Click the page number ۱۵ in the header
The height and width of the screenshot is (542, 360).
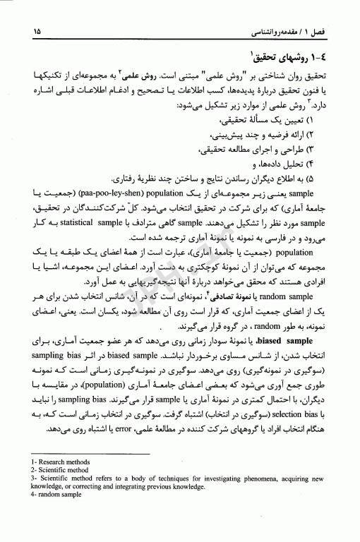[x=37, y=32]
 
